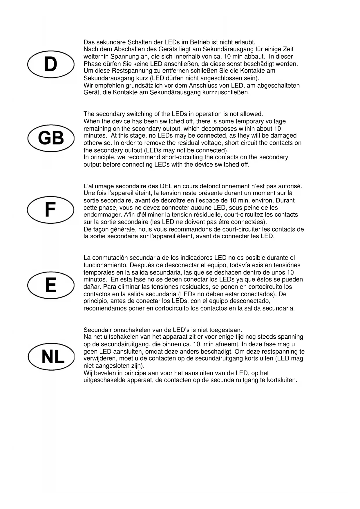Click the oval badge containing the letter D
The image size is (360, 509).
click(51, 64)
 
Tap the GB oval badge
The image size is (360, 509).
click(51, 138)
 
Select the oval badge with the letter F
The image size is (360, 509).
click(51, 210)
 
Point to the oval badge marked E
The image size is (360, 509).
click(51, 285)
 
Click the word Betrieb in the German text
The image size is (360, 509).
click(200, 42)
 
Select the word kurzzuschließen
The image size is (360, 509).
click(226, 93)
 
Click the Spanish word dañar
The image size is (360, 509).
click(91, 287)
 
